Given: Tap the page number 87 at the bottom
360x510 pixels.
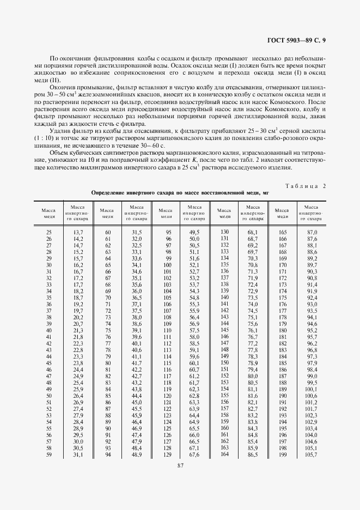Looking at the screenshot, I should tap(180, 465).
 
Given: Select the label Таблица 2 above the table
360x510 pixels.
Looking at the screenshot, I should tap(305, 186).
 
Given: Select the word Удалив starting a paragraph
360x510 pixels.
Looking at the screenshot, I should tap(59, 132).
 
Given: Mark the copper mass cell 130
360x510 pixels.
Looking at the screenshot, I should tap(223, 232).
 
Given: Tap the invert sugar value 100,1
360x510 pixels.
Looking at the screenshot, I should tap(312, 390).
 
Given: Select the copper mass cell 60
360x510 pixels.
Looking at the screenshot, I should tap(108, 232).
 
